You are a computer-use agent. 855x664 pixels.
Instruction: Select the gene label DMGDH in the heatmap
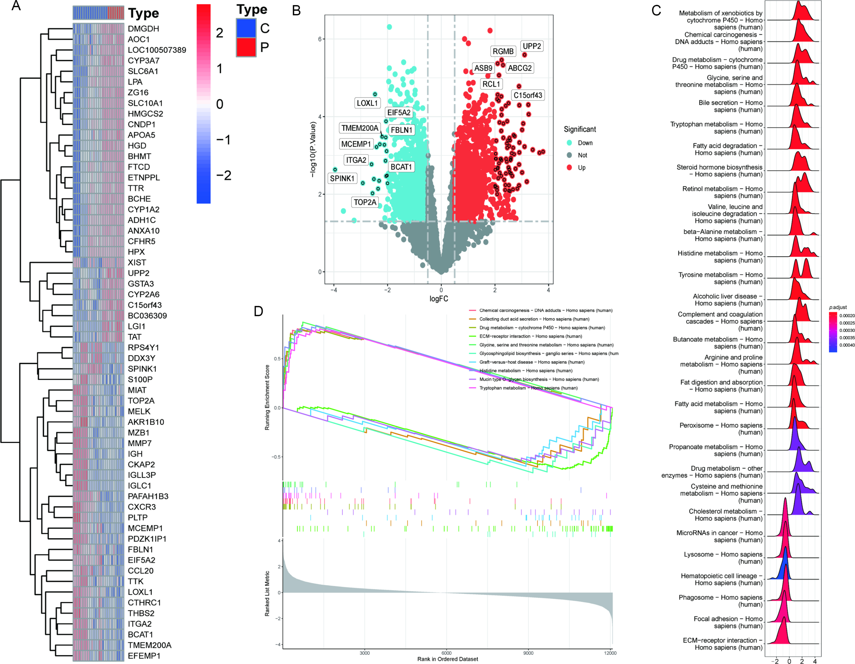point(143,28)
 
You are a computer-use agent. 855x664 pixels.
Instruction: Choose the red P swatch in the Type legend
point(246,47)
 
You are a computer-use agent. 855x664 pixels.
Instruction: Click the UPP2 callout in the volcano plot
point(532,46)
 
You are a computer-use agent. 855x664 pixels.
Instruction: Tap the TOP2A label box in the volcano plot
point(365,202)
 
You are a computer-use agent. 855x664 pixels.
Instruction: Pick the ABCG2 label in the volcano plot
point(520,68)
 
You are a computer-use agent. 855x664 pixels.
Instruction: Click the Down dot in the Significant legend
point(569,143)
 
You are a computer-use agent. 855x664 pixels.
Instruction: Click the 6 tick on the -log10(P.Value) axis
point(320,39)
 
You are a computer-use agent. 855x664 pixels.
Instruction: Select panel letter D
point(258,311)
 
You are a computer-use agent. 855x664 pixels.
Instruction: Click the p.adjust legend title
point(838,307)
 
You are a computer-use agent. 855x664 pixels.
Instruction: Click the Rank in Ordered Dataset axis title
point(447,659)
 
